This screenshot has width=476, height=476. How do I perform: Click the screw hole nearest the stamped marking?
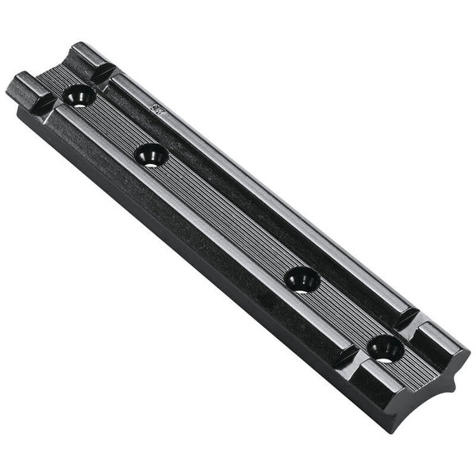(79, 96)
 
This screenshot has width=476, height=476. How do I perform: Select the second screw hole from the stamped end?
(151, 155)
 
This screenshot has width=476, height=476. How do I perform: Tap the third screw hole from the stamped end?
(301, 278)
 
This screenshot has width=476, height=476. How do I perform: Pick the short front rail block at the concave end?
(397, 389)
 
